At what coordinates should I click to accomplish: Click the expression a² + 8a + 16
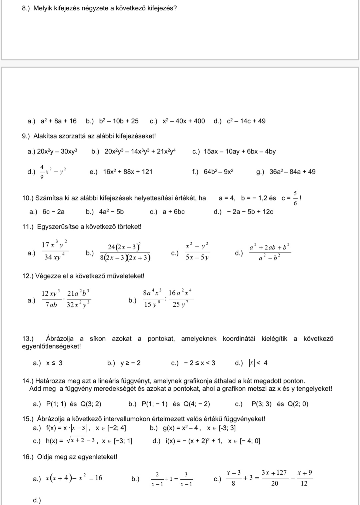[59, 121]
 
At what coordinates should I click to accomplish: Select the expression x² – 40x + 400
[184, 121]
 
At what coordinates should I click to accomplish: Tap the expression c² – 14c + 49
[246, 121]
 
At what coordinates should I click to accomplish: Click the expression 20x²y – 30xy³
[57, 152]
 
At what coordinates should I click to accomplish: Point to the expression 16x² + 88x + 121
[128, 172]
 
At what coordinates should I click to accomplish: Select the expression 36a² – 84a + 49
[292, 172]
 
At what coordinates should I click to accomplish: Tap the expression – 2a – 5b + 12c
[250, 212]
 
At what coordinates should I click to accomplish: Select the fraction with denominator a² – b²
[270, 252]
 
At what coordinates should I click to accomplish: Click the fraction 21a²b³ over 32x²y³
[79, 299]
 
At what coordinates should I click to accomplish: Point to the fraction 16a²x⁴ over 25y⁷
[180, 299]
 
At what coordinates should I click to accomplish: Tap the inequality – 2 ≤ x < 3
[200, 363]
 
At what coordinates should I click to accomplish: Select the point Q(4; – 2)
[197, 404]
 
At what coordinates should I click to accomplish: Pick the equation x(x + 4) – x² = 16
[74, 478]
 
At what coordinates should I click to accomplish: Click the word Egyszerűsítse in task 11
[56, 227]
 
